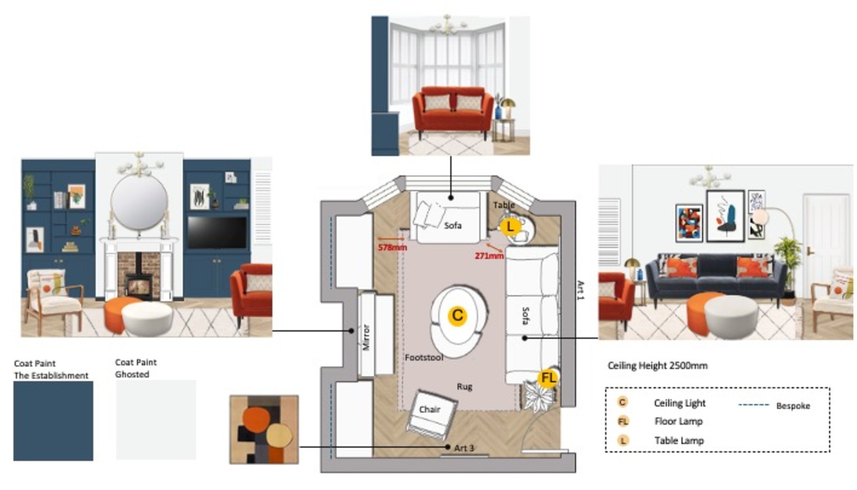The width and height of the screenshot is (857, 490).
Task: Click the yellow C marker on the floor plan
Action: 457,315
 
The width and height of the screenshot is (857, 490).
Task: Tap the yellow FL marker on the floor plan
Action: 548,378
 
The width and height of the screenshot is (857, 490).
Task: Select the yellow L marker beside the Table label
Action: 511,226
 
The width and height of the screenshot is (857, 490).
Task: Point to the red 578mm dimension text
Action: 392,248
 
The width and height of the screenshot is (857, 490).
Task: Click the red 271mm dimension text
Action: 489,256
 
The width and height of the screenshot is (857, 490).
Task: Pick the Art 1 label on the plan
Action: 580,290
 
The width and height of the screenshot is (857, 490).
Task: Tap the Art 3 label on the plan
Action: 464,448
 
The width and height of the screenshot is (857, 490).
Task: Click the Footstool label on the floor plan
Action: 424,357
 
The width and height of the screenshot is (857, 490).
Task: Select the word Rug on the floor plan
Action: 464,386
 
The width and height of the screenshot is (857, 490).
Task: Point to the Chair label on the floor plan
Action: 430,409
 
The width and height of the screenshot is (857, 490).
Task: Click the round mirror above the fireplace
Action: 139,202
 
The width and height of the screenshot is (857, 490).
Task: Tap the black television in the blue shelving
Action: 217,233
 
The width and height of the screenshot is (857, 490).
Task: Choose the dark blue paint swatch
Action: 53,421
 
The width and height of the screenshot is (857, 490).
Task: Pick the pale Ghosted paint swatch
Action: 156,420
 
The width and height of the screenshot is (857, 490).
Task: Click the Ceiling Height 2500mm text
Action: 658,366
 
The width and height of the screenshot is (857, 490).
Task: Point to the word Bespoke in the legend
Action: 793,406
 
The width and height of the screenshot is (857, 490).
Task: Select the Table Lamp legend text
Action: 679,440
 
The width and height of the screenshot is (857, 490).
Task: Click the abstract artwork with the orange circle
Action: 264,429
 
